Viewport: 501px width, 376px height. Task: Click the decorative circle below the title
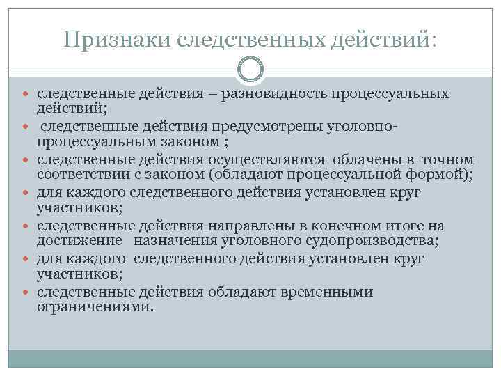[250, 69]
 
